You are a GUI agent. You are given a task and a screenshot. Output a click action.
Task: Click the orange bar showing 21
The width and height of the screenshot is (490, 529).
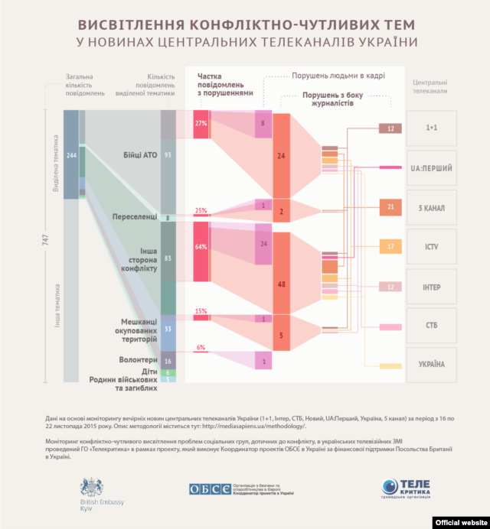click(390, 207)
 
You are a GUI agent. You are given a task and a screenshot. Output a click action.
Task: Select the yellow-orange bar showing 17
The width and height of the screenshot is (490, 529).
click(390, 247)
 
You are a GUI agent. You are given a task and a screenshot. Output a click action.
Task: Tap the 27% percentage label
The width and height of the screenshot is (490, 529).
click(201, 123)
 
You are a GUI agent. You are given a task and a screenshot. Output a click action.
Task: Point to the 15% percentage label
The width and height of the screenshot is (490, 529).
click(201, 311)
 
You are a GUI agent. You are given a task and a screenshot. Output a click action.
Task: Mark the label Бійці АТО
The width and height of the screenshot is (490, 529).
click(139, 155)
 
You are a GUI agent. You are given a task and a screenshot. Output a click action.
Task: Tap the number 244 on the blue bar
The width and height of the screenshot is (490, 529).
click(71, 155)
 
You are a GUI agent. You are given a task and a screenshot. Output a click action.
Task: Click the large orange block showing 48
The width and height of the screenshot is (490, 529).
click(281, 284)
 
